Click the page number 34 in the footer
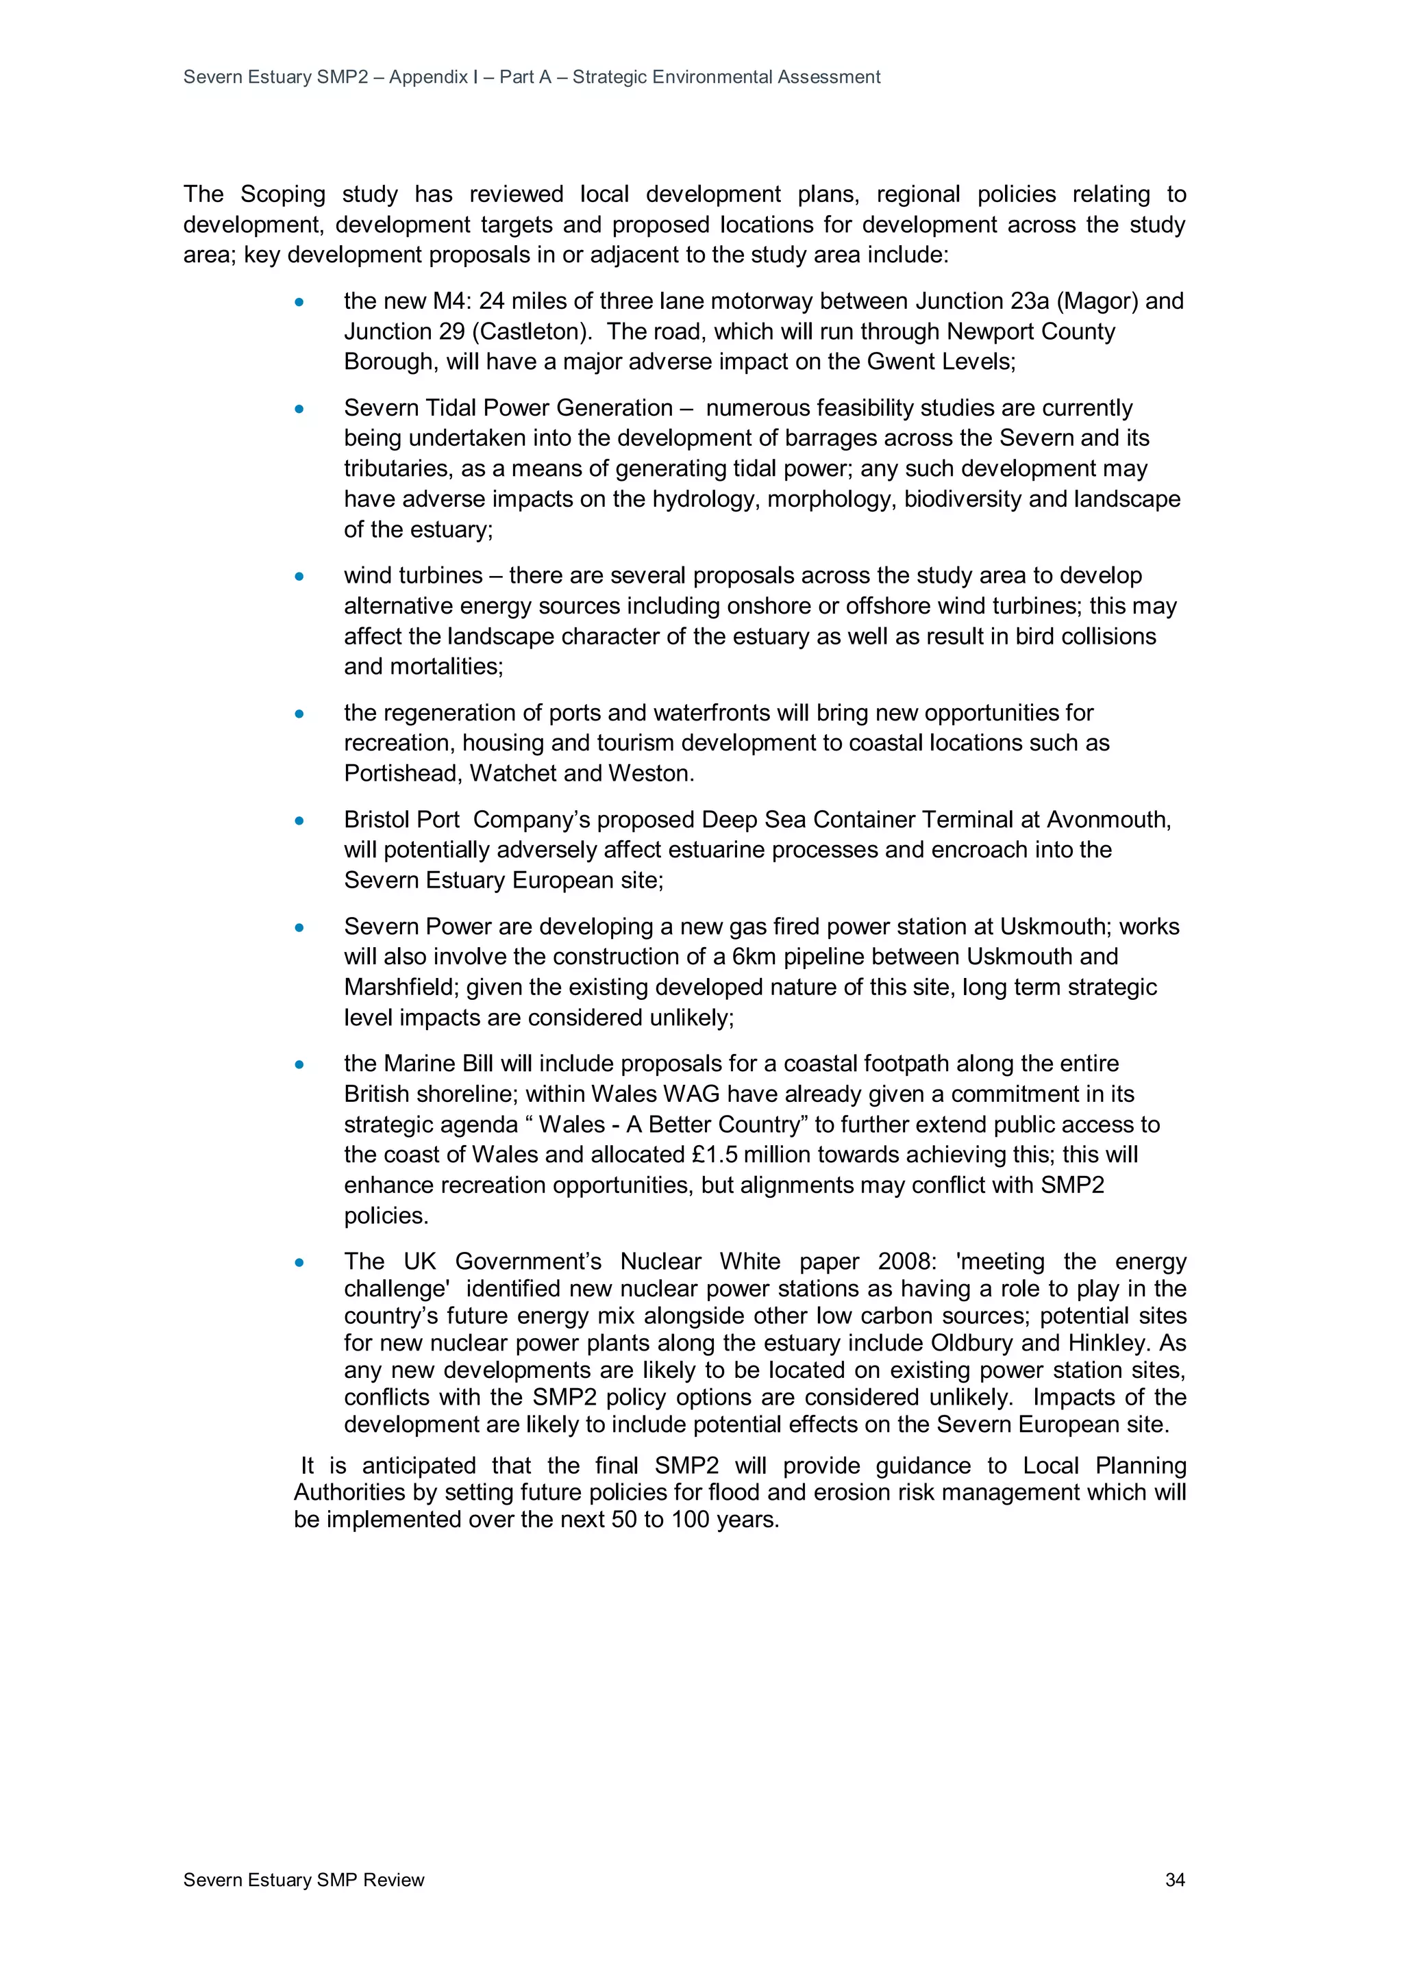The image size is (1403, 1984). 1174,1879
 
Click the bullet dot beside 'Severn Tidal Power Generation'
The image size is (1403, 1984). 299,409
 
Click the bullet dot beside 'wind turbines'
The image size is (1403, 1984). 299,577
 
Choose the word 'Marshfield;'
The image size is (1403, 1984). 401,987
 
